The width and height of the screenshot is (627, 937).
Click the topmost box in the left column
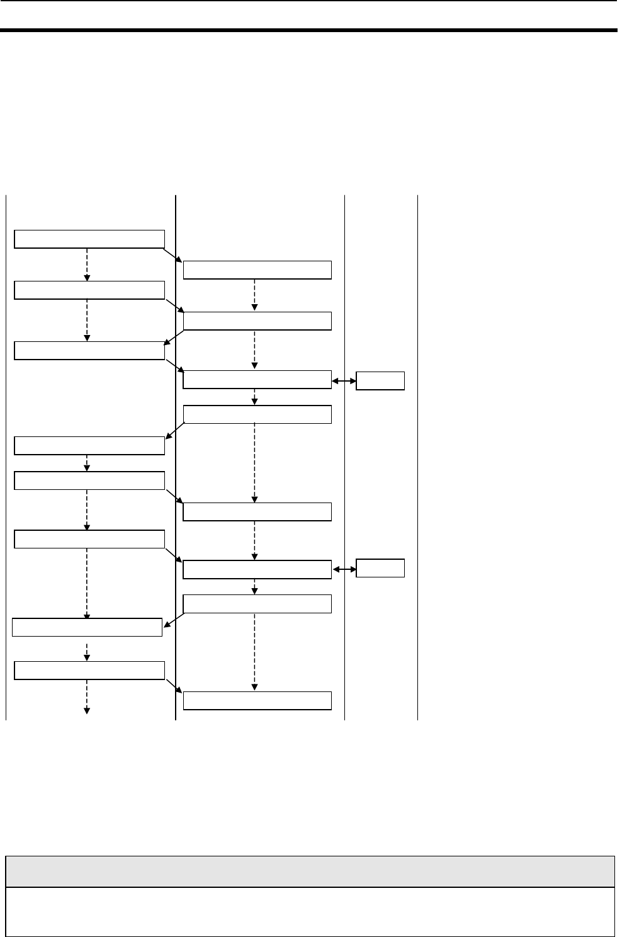(x=89, y=239)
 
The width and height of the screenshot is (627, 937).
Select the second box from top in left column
(x=89, y=290)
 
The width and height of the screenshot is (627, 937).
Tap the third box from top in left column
(x=89, y=350)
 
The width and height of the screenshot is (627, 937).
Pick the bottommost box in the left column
(x=89, y=671)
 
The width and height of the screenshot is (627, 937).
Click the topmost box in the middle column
(x=257, y=270)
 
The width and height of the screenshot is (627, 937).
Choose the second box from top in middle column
(x=257, y=321)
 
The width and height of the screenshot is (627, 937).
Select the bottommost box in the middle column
(x=257, y=700)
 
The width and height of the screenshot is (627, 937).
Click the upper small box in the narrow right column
(x=380, y=381)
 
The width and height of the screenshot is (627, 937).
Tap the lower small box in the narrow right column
(x=380, y=568)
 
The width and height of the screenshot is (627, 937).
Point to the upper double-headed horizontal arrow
(x=344, y=381)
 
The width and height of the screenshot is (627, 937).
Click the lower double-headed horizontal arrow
(x=344, y=569)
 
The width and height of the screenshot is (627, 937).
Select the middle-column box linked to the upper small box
(x=257, y=380)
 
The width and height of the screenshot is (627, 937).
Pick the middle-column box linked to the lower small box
(x=257, y=569)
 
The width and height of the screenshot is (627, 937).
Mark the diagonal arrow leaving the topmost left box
(x=174, y=254)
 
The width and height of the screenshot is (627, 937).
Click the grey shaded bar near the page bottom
(x=309, y=872)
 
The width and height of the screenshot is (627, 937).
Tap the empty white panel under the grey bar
(x=309, y=911)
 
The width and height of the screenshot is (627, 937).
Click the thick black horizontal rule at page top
(x=309, y=30)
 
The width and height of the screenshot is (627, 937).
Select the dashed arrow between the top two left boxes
(x=87, y=264)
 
